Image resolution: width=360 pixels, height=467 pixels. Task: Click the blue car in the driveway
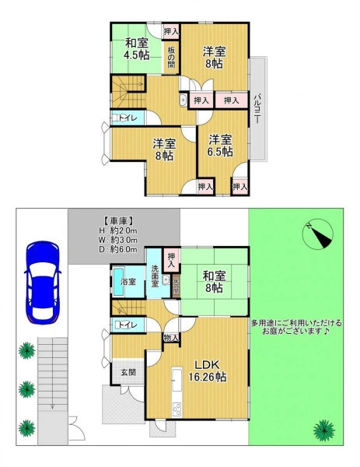(x=43, y=282)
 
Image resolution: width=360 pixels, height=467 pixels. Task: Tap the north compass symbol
(x=317, y=233)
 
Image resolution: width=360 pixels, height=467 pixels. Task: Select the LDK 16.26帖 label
(x=208, y=370)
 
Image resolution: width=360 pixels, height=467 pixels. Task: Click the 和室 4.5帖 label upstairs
(x=137, y=49)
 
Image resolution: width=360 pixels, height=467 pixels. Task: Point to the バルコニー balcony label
(x=258, y=108)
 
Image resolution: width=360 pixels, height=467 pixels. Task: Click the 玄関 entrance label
(x=128, y=372)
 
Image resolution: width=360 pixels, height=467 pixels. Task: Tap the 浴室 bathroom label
(x=128, y=282)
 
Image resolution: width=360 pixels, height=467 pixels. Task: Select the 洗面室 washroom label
(x=155, y=276)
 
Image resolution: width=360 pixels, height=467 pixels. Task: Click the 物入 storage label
(x=171, y=338)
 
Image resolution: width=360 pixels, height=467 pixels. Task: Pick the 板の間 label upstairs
(x=171, y=57)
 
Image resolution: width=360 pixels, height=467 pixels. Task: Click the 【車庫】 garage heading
(x=118, y=221)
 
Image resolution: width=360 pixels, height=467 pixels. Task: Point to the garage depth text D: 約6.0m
(x=118, y=249)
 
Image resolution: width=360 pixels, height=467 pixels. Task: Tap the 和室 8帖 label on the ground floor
(x=214, y=282)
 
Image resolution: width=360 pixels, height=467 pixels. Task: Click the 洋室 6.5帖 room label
(x=220, y=146)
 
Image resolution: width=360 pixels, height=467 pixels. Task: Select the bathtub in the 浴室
(x=118, y=282)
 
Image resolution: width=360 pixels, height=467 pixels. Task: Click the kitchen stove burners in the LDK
(x=177, y=409)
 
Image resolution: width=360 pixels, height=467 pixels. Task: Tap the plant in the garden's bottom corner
(x=324, y=430)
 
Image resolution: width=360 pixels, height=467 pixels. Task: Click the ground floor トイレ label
(x=128, y=325)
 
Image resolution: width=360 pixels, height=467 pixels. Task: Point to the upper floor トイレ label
(x=128, y=118)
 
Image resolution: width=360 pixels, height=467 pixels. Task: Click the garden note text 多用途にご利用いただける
(x=296, y=323)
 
